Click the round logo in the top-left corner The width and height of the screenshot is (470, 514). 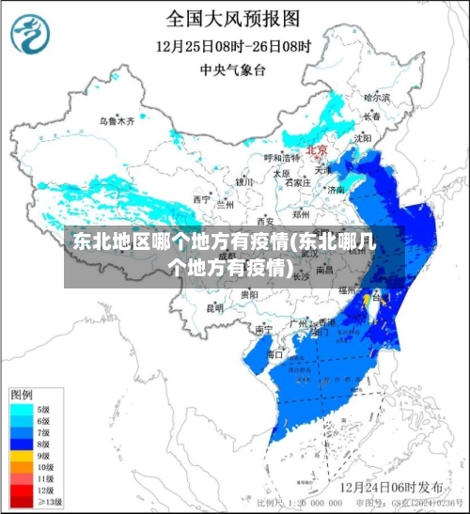(31, 32)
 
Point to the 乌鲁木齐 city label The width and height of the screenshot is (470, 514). (117, 121)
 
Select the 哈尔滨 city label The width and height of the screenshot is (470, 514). (376, 97)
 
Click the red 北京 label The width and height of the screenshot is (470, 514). (318, 150)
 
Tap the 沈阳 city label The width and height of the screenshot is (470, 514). (362, 137)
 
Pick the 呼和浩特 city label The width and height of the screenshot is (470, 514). (279, 158)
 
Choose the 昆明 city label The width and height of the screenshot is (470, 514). (215, 307)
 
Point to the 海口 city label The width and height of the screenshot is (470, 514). (274, 354)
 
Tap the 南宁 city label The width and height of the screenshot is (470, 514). (263, 330)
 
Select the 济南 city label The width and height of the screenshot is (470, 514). (335, 190)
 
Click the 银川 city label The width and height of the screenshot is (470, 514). (244, 181)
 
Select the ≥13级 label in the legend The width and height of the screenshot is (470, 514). (48, 502)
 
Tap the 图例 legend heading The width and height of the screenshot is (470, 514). (22, 393)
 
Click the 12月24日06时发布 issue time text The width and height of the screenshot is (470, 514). (391, 488)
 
